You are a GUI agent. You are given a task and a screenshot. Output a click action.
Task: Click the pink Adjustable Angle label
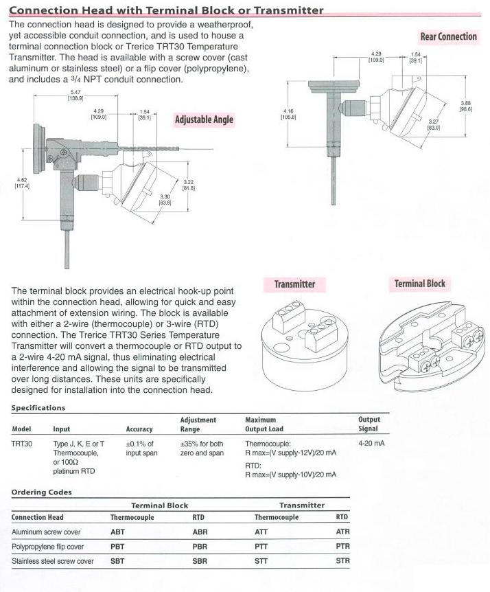[x=204, y=119]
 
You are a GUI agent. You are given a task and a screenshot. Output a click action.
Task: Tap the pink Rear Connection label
[x=448, y=36]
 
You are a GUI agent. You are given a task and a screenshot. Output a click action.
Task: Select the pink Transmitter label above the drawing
[x=294, y=284]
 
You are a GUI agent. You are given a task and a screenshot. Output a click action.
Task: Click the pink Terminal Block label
[x=419, y=283]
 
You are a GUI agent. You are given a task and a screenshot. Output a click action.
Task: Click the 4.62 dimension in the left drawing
[x=21, y=182]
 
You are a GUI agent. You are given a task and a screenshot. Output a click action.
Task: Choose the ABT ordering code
[x=118, y=532]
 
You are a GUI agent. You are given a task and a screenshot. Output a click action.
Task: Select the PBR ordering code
[x=200, y=547]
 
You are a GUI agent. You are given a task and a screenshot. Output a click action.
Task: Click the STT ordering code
[x=262, y=561]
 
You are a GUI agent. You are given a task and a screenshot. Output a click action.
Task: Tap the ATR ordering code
[x=342, y=532]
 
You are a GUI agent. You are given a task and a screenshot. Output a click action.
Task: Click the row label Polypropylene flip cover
[x=48, y=547]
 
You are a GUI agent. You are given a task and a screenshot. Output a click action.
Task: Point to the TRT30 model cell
[x=22, y=444]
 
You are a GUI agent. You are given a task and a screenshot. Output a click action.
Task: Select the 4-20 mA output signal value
[x=371, y=444]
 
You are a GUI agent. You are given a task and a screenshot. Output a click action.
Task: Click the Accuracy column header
[x=139, y=429]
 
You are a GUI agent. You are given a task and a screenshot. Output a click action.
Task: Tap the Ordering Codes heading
[x=41, y=492]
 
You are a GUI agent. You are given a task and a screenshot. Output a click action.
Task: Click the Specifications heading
[x=38, y=407]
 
